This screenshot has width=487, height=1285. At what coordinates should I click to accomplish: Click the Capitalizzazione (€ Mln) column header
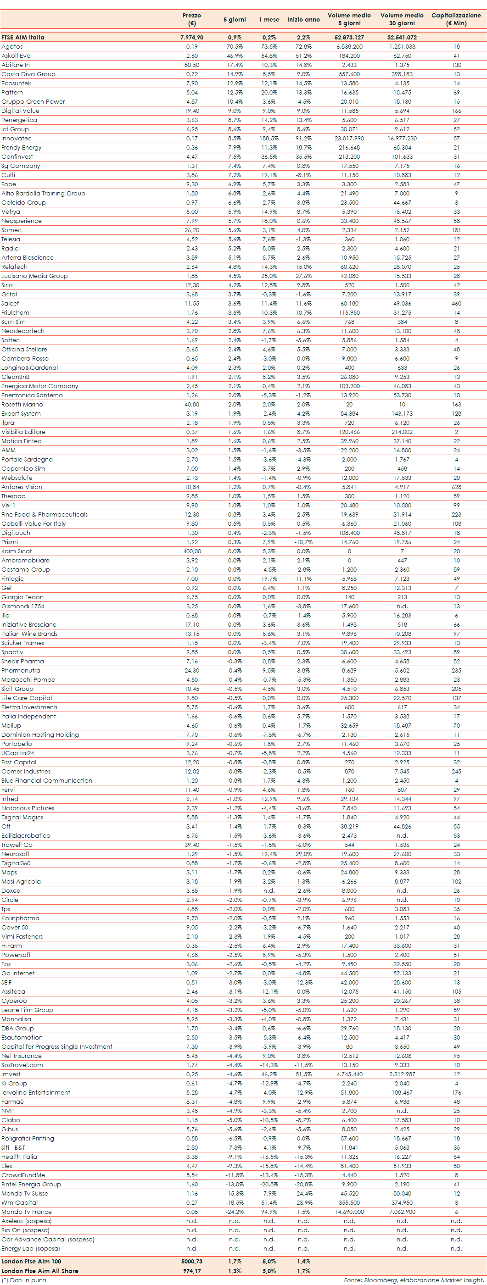click(x=456, y=19)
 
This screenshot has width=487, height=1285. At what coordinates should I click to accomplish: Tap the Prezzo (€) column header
click(x=191, y=19)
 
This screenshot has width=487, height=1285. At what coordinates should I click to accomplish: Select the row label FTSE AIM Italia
click(x=23, y=38)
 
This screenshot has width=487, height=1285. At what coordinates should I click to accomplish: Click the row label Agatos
click(x=12, y=46)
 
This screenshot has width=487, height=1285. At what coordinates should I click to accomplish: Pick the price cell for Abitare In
click(x=191, y=65)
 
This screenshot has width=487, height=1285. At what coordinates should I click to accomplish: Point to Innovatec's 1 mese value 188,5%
click(x=269, y=138)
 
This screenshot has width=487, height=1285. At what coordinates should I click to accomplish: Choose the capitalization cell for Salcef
click(x=456, y=303)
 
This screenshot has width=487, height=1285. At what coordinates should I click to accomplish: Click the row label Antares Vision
click(x=22, y=487)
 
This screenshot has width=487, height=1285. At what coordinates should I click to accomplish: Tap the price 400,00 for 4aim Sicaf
click(x=191, y=551)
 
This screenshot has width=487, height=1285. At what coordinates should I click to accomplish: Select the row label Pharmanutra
click(x=21, y=670)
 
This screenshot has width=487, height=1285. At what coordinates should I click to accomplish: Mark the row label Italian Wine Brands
click(x=29, y=634)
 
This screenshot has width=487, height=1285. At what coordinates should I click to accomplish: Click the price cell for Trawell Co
click(x=191, y=845)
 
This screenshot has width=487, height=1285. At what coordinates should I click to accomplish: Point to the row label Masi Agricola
click(x=21, y=881)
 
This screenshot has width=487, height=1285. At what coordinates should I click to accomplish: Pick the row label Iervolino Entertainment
click(x=36, y=1092)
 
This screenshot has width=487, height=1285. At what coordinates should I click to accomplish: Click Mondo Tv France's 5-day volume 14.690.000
click(x=349, y=1212)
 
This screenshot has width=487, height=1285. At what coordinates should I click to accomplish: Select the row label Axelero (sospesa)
click(x=27, y=1221)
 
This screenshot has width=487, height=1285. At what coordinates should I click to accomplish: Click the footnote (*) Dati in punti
click(x=24, y=1279)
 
